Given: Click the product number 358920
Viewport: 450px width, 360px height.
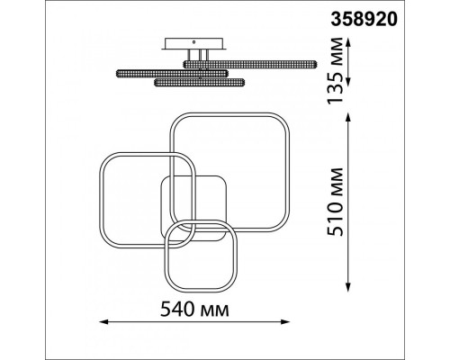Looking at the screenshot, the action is pos(364,20).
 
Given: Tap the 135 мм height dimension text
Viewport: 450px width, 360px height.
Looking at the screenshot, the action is pos(335,70).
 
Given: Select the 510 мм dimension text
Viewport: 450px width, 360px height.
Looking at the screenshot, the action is pos(335,202).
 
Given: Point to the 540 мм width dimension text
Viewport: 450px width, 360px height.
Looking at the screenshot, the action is pos(194,309).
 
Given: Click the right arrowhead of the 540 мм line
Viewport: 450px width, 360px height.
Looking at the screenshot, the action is pos(285,322).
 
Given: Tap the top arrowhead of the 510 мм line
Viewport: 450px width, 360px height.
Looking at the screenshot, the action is pos(348,118).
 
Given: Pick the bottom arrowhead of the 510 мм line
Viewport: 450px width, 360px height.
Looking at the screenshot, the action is pos(348,287).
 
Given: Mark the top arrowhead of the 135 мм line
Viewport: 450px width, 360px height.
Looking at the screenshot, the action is pos(348,42).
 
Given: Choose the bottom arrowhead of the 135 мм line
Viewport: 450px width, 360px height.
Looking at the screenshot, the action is pos(348,82).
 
